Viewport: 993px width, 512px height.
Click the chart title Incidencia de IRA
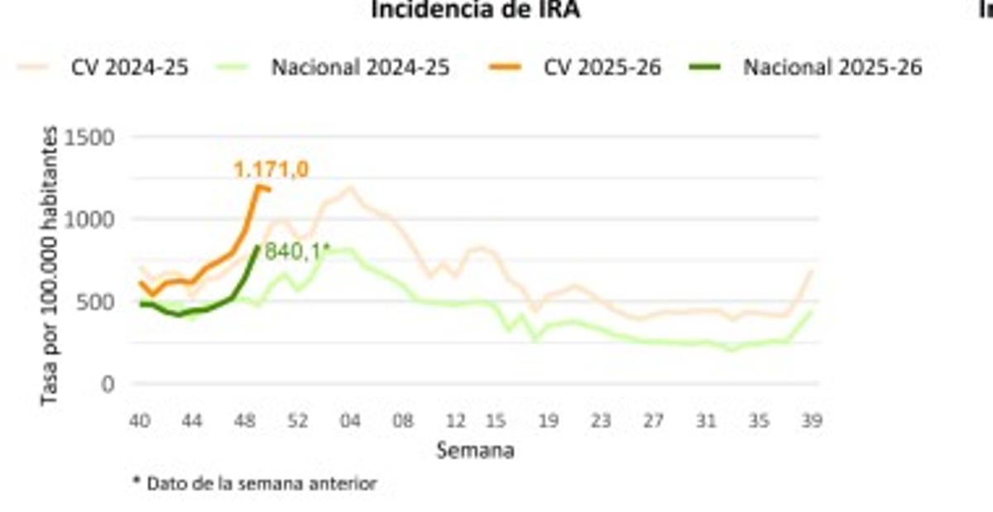(475, 10)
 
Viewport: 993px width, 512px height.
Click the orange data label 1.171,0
(271, 170)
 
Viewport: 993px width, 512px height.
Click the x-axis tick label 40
(138, 421)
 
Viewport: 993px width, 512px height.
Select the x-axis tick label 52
(298, 421)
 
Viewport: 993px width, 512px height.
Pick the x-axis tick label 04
(350, 421)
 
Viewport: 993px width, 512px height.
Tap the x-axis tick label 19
(547, 421)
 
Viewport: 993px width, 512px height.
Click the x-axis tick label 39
(812, 421)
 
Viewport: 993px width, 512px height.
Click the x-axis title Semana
(475, 451)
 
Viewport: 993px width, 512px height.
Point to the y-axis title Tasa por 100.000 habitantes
(50, 266)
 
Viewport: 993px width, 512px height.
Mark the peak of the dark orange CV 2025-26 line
(258, 187)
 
